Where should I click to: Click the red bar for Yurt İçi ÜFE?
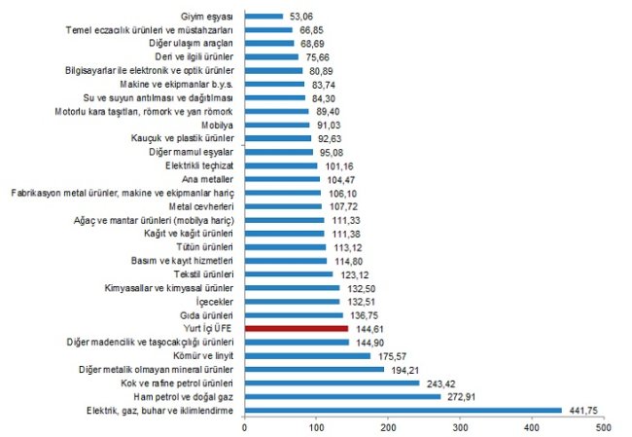(x=297, y=329)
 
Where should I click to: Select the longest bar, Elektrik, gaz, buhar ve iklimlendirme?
(x=404, y=411)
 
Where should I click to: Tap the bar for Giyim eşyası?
(x=263, y=17)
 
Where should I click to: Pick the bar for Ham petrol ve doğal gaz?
(x=342, y=397)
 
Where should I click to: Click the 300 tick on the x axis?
(x=460, y=427)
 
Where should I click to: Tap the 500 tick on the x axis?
(x=603, y=427)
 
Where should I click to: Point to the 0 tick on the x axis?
(x=245, y=427)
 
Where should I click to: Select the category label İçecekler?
(x=216, y=302)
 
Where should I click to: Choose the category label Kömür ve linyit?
(x=201, y=356)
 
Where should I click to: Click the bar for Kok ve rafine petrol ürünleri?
(x=332, y=383)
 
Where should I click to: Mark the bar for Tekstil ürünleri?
(x=289, y=274)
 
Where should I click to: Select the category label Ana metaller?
(x=208, y=180)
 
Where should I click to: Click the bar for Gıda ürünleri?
(x=294, y=315)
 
